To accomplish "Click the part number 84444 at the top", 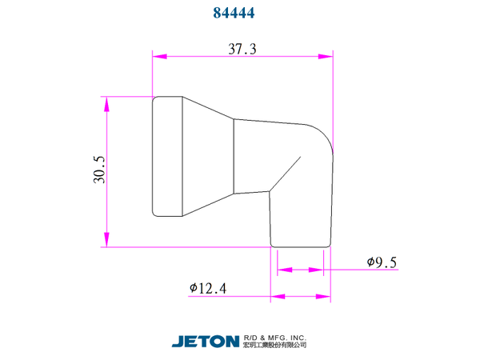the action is (234, 13).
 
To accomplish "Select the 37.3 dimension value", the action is (242, 49).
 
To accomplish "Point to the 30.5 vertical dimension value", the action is (99, 170).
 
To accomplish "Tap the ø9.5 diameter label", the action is (382, 262).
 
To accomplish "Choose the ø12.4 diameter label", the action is (208, 288).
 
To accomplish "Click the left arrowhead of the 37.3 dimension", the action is (160, 56).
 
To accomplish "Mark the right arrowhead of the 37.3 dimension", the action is (326, 56).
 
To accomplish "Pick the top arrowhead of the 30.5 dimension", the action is (106, 104).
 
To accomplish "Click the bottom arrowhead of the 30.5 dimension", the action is (106, 239).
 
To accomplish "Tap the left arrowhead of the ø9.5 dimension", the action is (285, 270).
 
